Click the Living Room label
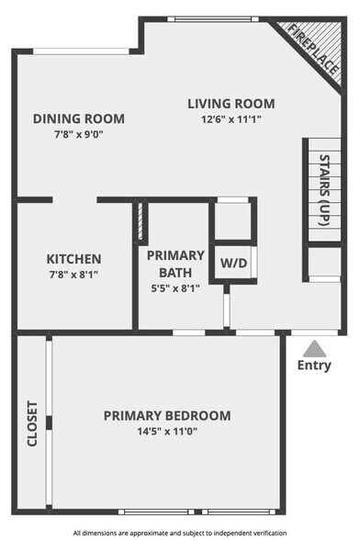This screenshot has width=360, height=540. point(231,104)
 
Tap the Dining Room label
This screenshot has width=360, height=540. point(79,118)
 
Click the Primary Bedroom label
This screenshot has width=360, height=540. point(167,415)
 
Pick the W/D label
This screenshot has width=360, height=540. point(233,263)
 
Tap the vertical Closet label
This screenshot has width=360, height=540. point(31,423)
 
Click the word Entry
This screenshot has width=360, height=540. point(314,366)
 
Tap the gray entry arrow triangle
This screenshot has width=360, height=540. point(314,348)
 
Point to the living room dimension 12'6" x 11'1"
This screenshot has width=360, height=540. point(231,119)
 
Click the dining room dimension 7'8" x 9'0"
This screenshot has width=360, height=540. point(79,134)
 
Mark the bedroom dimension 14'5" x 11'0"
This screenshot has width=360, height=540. point(167,431)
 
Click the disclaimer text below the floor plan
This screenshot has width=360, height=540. point(180,532)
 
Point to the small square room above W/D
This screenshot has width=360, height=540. point(231,219)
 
